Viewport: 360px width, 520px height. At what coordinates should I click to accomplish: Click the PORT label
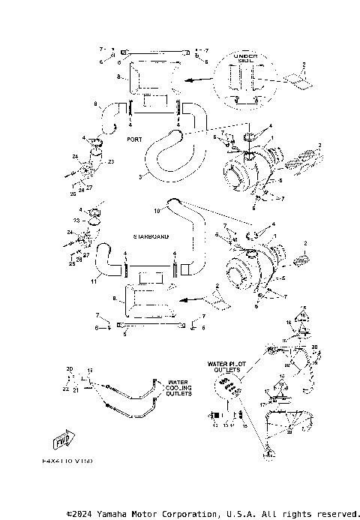(x=134, y=140)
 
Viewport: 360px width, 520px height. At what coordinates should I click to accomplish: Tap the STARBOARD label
(x=150, y=236)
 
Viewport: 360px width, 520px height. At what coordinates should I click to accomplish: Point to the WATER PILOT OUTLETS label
(x=224, y=367)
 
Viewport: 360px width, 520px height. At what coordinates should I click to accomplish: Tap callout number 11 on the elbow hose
(x=93, y=282)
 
